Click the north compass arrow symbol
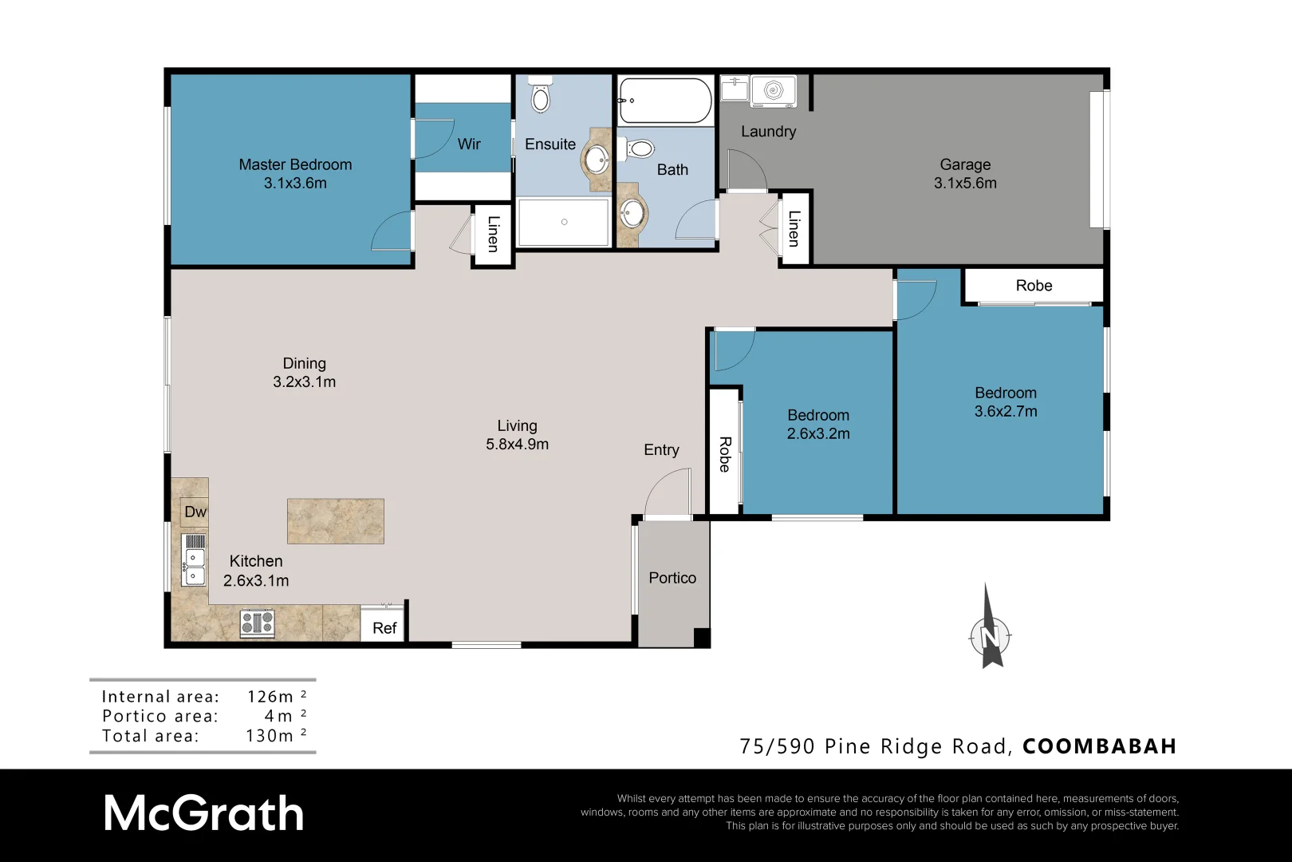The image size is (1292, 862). pyautogui.click(x=990, y=631)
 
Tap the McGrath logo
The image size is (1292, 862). pyautogui.click(x=203, y=814)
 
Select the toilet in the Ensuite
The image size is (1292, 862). pyautogui.click(x=542, y=96)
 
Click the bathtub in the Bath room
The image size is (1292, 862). pyautogui.click(x=664, y=101)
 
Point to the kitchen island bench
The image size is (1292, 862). pyautogui.click(x=335, y=521)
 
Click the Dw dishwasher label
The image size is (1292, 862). pyautogui.click(x=195, y=512)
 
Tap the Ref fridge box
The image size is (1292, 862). pyautogui.click(x=384, y=627)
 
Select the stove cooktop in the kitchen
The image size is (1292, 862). pyautogui.click(x=258, y=623)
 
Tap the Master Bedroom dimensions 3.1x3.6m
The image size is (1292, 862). pyautogui.click(x=295, y=183)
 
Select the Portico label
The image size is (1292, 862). pyautogui.click(x=672, y=578)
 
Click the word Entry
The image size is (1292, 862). pyautogui.click(x=661, y=450)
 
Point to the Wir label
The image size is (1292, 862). pyautogui.click(x=469, y=144)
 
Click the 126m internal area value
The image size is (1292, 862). pyautogui.click(x=270, y=697)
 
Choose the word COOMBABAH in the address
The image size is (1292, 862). pyautogui.click(x=1099, y=746)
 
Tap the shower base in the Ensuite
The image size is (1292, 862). pyautogui.click(x=564, y=222)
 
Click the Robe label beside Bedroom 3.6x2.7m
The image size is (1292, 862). pyautogui.click(x=1034, y=286)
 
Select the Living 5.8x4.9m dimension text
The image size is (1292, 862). pyautogui.click(x=517, y=445)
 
